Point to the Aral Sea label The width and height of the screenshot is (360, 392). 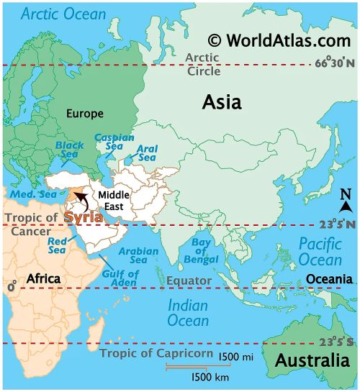[x=147, y=153]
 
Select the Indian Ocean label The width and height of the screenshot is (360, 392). [x=188, y=312]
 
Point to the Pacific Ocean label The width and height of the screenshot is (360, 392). [x=320, y=251]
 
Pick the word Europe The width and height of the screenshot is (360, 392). [x=86, y=113]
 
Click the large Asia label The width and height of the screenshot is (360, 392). [x=221, y=102]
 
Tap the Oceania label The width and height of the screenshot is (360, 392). [x=329, y=278]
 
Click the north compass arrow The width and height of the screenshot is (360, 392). [x=345, y=207]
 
